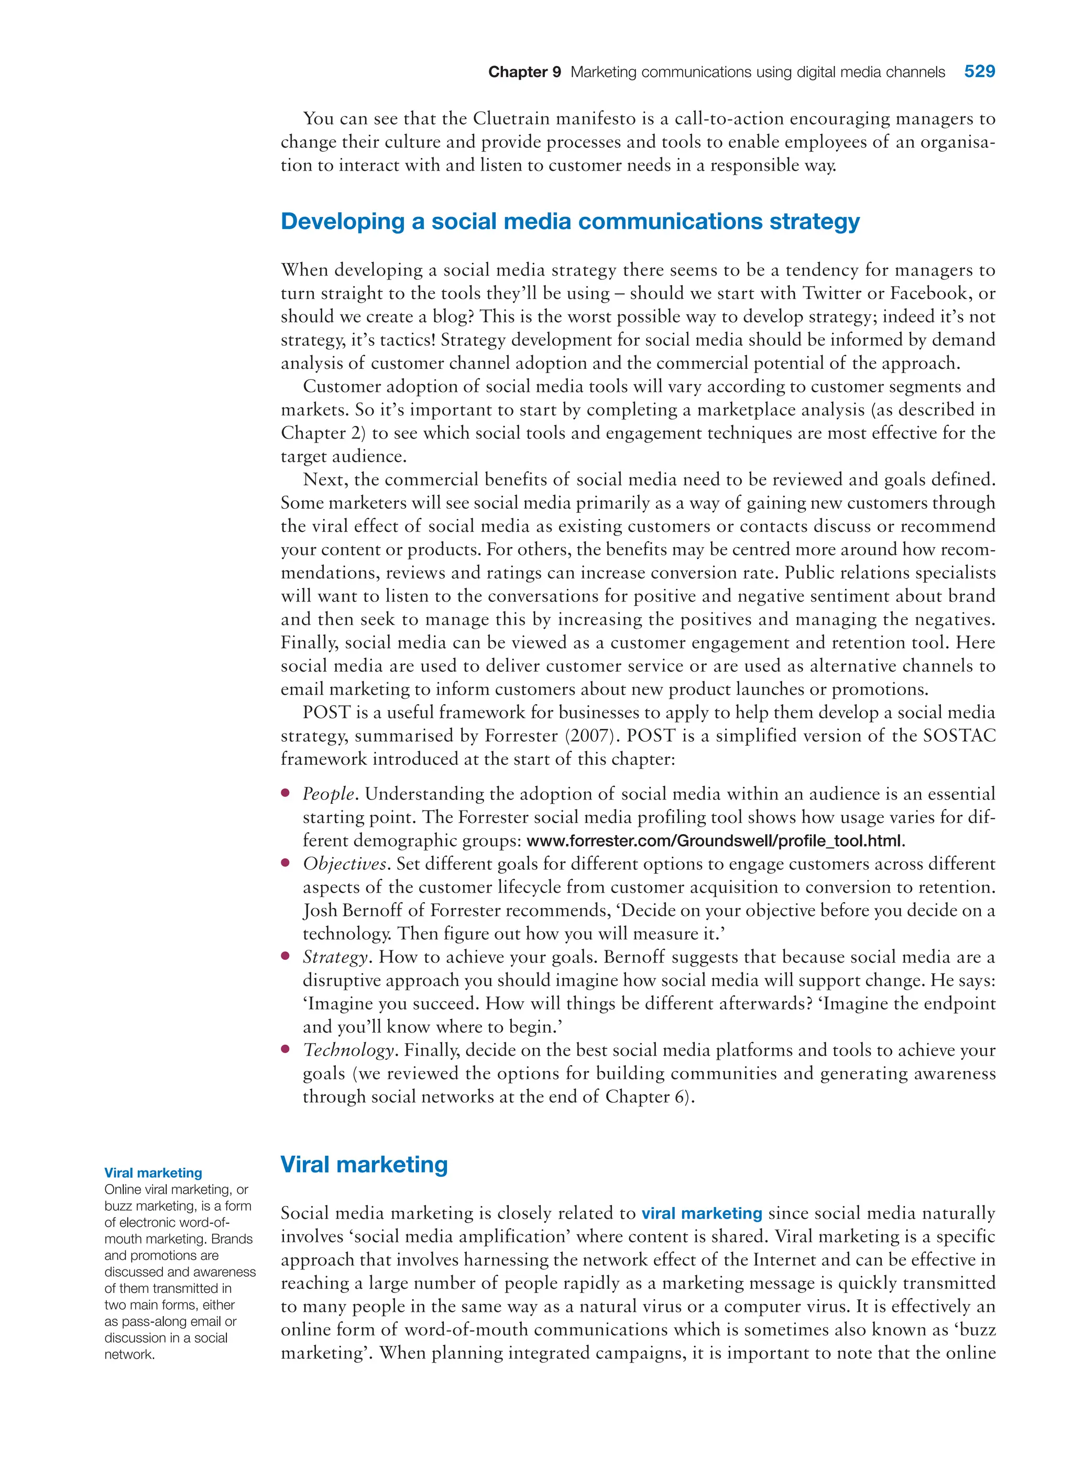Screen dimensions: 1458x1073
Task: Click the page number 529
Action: coord(979,71)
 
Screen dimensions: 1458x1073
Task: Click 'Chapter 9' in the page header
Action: coord(524,72)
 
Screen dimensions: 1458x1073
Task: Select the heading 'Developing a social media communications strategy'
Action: coord(570,222)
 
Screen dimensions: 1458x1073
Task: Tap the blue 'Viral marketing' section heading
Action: coord(364,1165)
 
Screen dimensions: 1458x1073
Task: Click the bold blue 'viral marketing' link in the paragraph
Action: coord(702,1213)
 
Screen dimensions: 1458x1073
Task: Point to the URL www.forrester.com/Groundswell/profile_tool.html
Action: coord(715,841)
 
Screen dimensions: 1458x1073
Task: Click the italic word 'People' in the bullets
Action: coord(328,794)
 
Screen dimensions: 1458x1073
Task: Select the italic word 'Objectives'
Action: coord(344,864)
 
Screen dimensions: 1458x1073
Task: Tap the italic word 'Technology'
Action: coord(347,1050)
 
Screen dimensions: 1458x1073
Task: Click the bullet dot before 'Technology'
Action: coord(285,1049)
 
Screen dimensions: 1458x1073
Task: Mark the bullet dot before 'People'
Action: coord(285,793)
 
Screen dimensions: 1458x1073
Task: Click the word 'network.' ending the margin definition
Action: coord(130,1354)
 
